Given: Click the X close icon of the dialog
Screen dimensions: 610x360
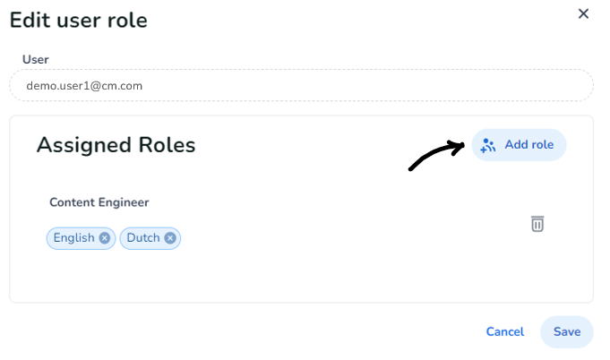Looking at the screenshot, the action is pos(583,13).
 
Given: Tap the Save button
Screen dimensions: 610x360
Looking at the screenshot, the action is pos(567,331).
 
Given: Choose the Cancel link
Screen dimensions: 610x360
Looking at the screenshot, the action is pos(505,331).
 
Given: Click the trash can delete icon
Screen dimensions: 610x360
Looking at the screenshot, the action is pos(537,224).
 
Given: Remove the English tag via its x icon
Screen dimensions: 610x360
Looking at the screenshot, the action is pos(104,238).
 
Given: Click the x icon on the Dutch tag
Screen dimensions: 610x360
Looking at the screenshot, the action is pos(170,238).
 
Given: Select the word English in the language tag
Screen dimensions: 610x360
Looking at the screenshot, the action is pos(74,237).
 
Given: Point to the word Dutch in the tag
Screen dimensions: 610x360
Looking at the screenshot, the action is pos(143,237).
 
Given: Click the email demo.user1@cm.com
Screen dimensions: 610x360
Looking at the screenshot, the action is pos(84,86).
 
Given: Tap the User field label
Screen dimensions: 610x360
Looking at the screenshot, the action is pos(36,59).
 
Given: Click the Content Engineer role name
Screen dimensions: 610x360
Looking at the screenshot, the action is pos(99,202).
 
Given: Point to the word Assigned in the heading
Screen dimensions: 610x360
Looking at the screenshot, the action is pos(83,145).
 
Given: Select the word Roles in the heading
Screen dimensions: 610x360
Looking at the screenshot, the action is pos(167,145).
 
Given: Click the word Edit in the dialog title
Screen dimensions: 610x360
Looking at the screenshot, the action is pos(30,20).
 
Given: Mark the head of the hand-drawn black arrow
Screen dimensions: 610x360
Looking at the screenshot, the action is pos(464,144).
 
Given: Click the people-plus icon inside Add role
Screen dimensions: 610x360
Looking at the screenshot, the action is pos(488,145).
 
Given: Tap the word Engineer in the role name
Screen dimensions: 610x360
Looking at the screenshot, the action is pos(124,202).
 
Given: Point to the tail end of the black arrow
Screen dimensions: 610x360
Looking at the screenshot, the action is pos(410,169).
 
